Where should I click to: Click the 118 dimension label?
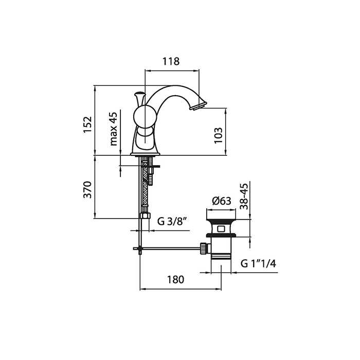click(x=171, y=61)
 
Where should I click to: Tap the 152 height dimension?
click(x=88, y=124)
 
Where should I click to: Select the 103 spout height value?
click(x=219, y=135)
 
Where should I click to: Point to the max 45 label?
click(x=114, y=129)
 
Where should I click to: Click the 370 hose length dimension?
click(x=88, y=190)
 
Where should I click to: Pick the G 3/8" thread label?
click(x=172, y=222)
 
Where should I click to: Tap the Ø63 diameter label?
click(x=222, y=201)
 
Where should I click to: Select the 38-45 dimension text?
click(x=244, y=196)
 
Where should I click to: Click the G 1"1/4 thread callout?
click(x=259, y=263)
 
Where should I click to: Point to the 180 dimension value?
click(x=176, y=279)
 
